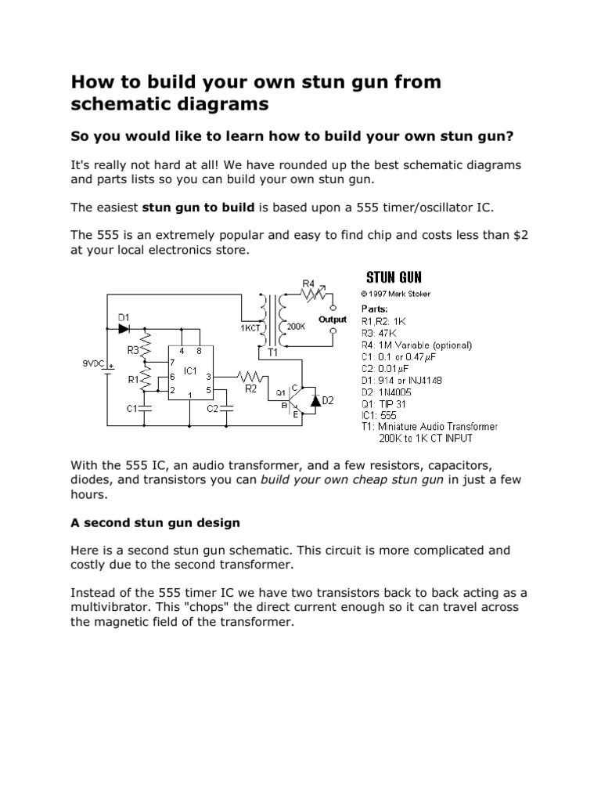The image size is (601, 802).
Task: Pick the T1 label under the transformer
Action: click(273, 353)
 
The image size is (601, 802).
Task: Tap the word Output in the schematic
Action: click(333, 320)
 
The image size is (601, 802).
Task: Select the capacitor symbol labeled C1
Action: click(146, 408)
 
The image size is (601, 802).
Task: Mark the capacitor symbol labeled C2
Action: click(226, 408)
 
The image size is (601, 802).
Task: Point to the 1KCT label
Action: click(250, 329)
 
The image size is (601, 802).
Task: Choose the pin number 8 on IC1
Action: click(200, 351)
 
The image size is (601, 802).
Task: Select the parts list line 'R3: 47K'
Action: click(380, 333)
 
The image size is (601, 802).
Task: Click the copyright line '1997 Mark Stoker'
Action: click(395, 294)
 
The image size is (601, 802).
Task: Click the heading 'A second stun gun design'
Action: click(155, 522)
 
